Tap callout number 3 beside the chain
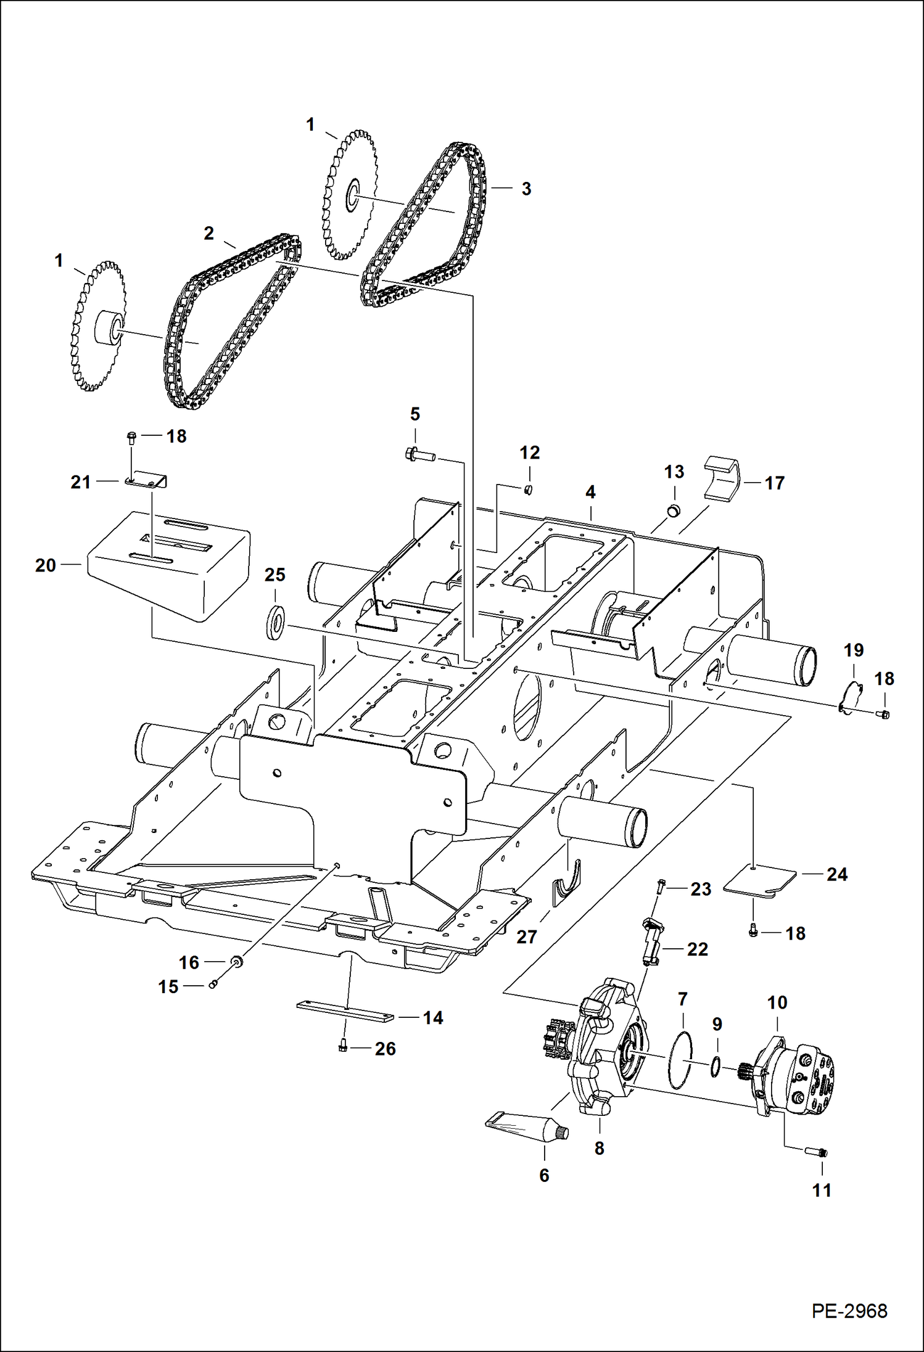coord(526,189)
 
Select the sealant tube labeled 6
coord(528,1128)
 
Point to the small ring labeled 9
coord(715,1065)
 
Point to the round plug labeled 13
coord(674,510)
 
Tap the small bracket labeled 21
coord(147,480)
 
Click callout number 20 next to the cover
coord(45,565)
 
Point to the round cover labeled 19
coord(850,697)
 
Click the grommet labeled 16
coord(236,961)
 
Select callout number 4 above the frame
coord(590,492)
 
